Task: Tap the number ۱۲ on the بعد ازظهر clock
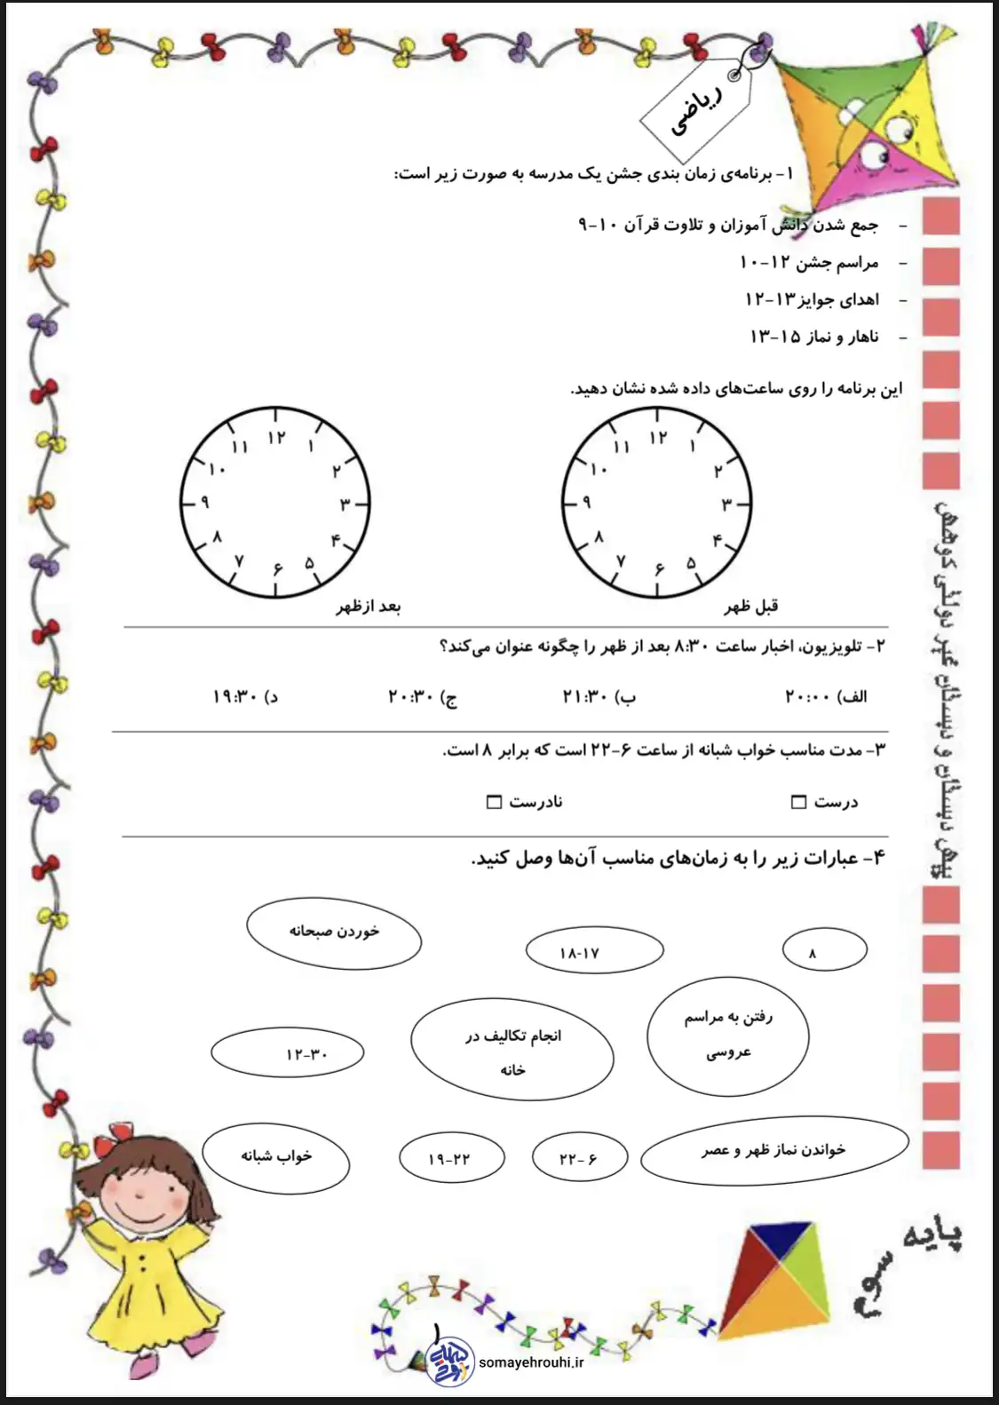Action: pyautogui.click(x=276, y=437)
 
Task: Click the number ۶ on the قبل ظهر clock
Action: pyautogui.click(x=659, y=568)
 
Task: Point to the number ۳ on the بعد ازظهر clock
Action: pyautogui.click(x=345, y=504)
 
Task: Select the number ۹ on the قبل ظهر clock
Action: pyautogui.click(x=586, y=503)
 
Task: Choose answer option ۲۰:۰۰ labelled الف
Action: pyautogui.click(x=826, y=697)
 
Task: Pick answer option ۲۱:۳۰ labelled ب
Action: pyautogui.click(x=599, y=697)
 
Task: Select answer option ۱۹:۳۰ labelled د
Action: pyautogui.click(x=245, y=697)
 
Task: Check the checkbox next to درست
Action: pyautogui.click(x=798, y=802)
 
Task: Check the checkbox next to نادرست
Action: pyautogui.click(x=495, y=802)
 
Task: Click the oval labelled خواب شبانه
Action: pyautogui.click(x=276, y=1156)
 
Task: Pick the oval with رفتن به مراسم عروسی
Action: pyautogui.click(x=728, y=1035)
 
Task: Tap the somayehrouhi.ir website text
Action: pyautogui.click(x=530, y=1362)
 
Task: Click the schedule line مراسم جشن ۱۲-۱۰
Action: pyautogui.click(x=808, y=263)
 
